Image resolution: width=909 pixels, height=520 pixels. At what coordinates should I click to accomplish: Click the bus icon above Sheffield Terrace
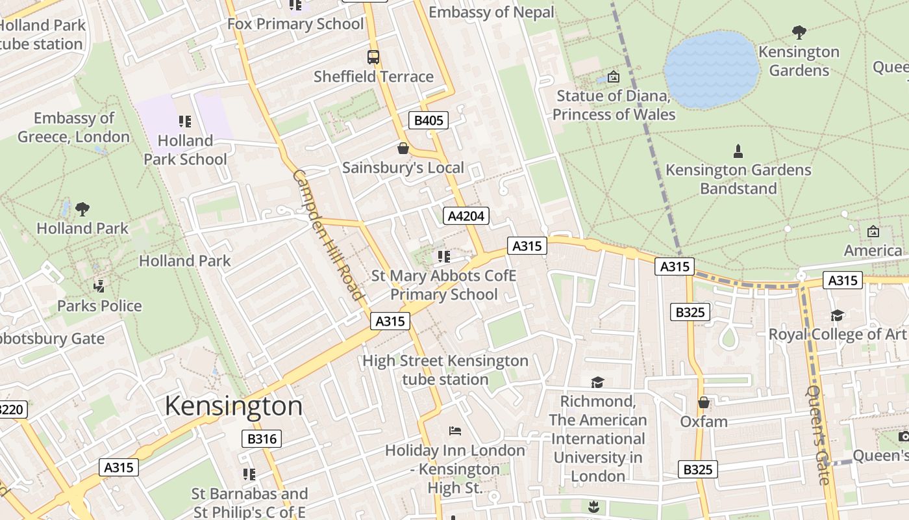pos(373,57)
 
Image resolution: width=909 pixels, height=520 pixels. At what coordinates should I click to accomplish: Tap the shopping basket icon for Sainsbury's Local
pos(403,149)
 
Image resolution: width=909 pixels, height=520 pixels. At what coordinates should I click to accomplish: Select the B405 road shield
pos(429,120)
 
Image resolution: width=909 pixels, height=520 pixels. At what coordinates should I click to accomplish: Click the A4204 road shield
pos(466,216)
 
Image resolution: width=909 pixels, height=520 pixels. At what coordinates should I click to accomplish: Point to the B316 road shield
pos(262,439)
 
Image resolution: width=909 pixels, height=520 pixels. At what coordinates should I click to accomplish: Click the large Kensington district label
pos(234,406)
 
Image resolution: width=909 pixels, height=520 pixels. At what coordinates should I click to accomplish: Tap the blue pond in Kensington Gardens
pos(712,69)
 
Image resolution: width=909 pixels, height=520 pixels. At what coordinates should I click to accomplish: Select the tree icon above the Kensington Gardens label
pos(799,32)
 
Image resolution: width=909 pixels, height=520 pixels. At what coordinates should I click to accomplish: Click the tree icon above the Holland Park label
pos(82,209)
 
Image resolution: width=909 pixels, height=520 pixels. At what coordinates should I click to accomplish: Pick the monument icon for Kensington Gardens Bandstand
pos(738,151)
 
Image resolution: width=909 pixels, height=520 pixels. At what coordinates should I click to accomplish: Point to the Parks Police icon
pos(99,286)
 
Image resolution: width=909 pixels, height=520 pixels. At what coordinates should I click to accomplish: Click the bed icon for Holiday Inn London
pos(454,431)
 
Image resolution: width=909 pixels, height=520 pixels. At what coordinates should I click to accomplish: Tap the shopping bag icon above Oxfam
pos(704,403)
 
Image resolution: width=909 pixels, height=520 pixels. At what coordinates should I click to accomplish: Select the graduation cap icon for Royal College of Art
pos(838,315)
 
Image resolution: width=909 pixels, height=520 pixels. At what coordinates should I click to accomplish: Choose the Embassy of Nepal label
pos(492,12)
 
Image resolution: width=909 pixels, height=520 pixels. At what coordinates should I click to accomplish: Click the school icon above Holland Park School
pos(185,122)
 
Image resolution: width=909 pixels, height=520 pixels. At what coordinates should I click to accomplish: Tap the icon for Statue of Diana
pos(614,77)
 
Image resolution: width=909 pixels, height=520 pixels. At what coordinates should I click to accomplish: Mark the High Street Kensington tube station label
pos(445,370)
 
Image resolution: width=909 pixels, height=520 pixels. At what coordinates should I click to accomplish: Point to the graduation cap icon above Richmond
pos(597,382)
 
